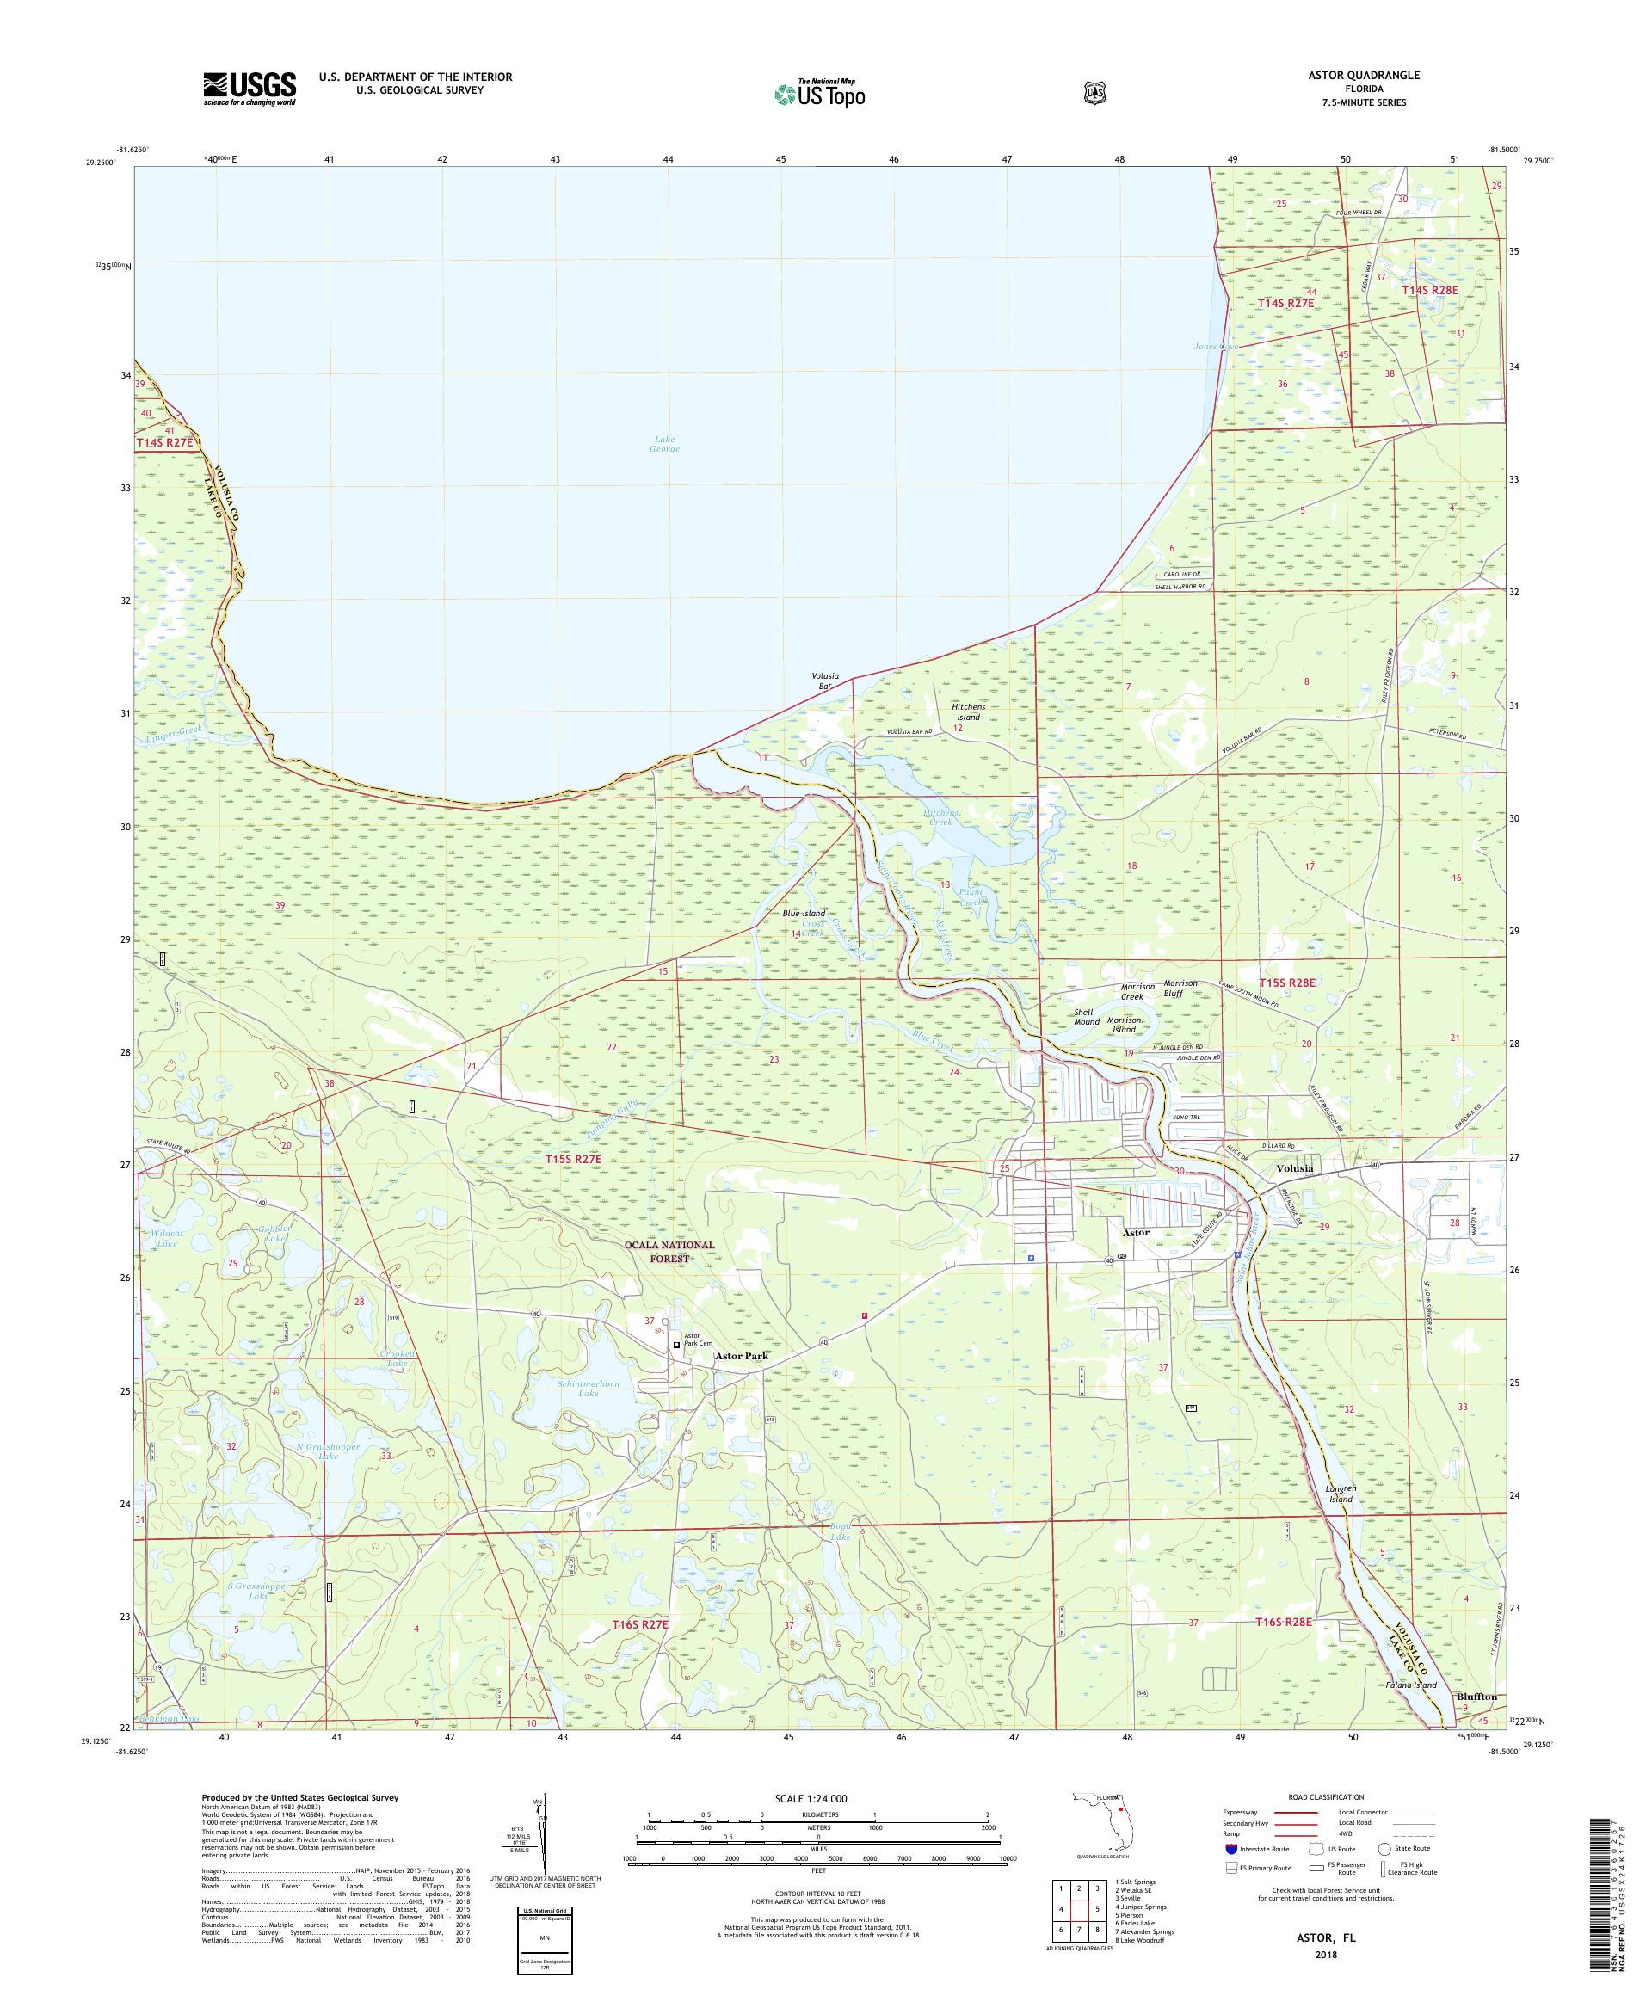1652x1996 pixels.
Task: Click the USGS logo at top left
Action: tap(249, 89)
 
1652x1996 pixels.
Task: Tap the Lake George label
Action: tap(664, 444)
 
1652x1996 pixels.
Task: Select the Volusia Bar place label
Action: tap(824, 681)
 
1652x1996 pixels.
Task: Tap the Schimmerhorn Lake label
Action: tap(589, 1389)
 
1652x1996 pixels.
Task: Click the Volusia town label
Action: tap(1295, 1168)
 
